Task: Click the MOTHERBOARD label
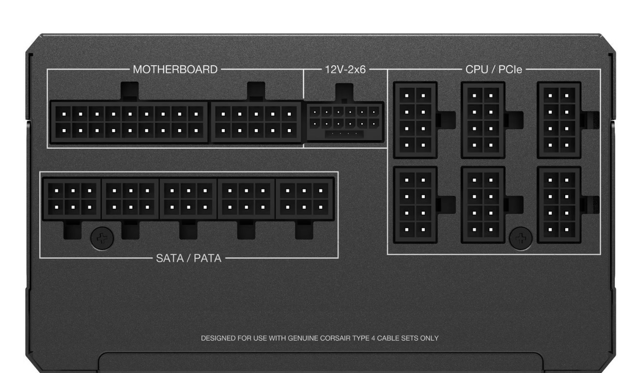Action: pyautogui.click(x=175, y=69)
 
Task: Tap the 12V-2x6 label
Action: pyautogui.click(x=345, y=69)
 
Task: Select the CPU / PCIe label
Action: pyautogui.click(x=493, y=69)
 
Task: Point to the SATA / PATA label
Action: pyautogui.click(x=188, y=258)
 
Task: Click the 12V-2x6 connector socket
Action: pyautogui.click(x=344, y=122)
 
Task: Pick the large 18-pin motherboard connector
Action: pyautogui.click(x=129, y=122)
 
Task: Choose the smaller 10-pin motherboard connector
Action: pyautogui.click(x=256, y=122)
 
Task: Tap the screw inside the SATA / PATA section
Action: pyautogui.click(x=102, y=237)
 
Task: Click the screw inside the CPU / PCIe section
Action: pyautogui.click(x=521, y=238)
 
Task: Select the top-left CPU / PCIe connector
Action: pyautogui.click(x=415, y=120)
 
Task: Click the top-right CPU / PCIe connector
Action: pyautogui.click(x=559, y=120)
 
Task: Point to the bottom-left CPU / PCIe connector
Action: pyautogui.click(x=415, y=205)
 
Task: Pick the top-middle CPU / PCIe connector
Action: pyautogui.click(x=483, y=120)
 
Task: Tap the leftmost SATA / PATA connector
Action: pyautogui.click(x=72, y=199)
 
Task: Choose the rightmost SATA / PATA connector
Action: pyautogui.click(x=304, y=199)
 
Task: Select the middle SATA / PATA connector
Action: pyautogui.click(x=188, y=199)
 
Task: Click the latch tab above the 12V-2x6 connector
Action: pyautogui.click(x=344, y=92)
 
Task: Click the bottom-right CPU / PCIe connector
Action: pyautogui.click(x=559, y=205)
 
